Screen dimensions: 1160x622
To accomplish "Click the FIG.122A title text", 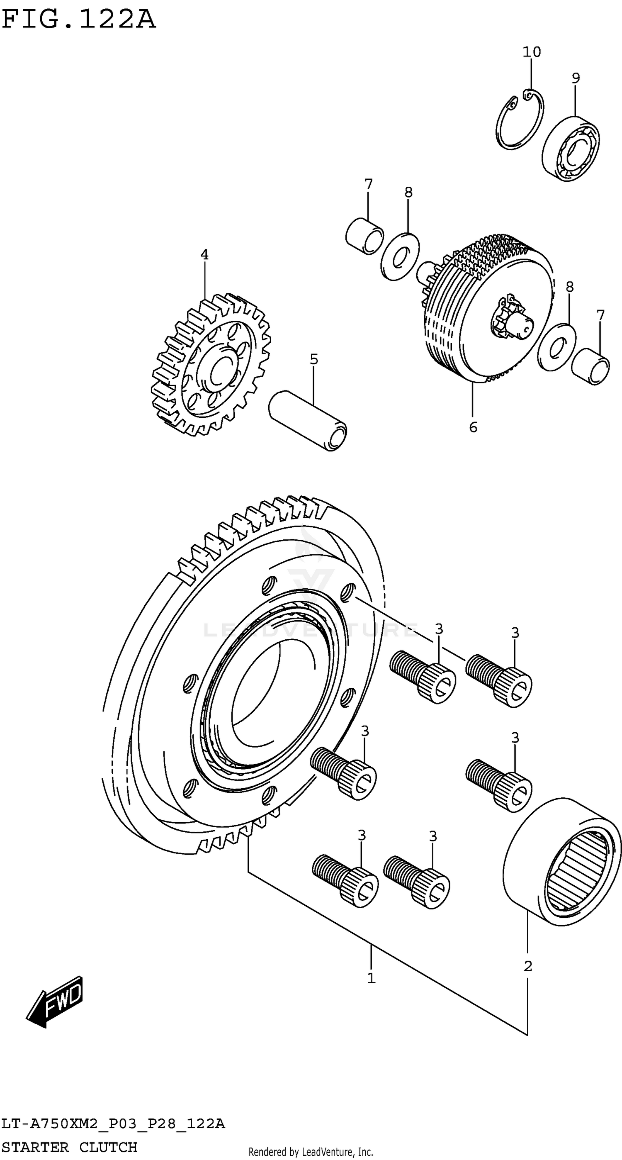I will coord(79,20).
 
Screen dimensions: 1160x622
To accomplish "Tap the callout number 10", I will coord(532,52).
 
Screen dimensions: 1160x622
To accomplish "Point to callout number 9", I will coord(576,78).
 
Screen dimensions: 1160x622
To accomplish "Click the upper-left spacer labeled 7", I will coord(364,236).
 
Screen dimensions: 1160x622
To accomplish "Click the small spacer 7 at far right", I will coord(590,366).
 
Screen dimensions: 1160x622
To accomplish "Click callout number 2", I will coord(528,965).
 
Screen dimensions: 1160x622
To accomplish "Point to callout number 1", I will coord(371,978).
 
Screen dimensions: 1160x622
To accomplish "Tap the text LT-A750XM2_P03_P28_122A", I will coord(112,1124).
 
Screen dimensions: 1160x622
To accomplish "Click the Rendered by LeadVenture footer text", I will coord(311,1152).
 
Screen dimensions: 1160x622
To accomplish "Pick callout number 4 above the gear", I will coord(204,255).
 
